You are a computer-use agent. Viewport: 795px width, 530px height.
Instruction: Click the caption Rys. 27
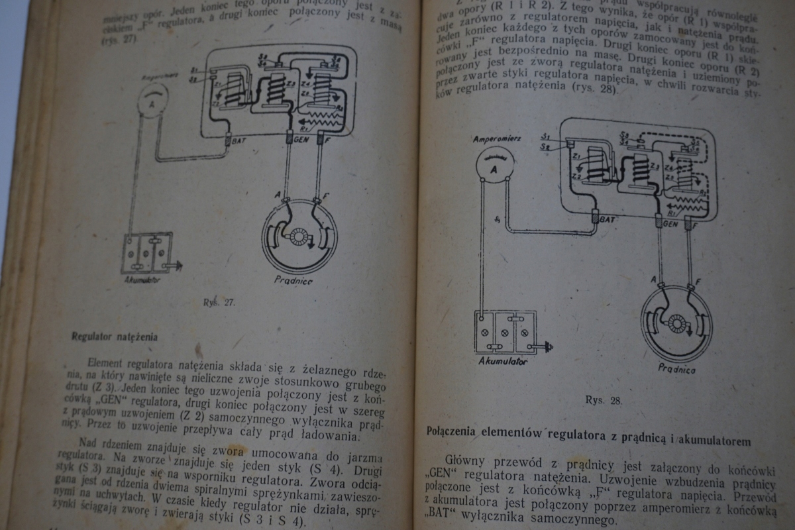(219, 303)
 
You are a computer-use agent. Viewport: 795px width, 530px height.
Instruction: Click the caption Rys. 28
(603, 400)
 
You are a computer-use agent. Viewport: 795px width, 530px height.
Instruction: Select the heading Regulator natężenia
(115, 336)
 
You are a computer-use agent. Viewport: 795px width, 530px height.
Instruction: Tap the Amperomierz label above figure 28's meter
(493, 139)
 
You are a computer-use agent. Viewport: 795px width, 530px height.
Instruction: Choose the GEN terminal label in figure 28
(670, 224)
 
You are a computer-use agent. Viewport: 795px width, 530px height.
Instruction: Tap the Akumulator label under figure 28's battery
(502, 362)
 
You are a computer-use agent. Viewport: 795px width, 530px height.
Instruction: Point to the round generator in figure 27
(299, 236)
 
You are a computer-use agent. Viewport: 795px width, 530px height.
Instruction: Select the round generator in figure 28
(676, 323)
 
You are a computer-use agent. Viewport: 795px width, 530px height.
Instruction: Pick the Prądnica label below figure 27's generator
(293, 280)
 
